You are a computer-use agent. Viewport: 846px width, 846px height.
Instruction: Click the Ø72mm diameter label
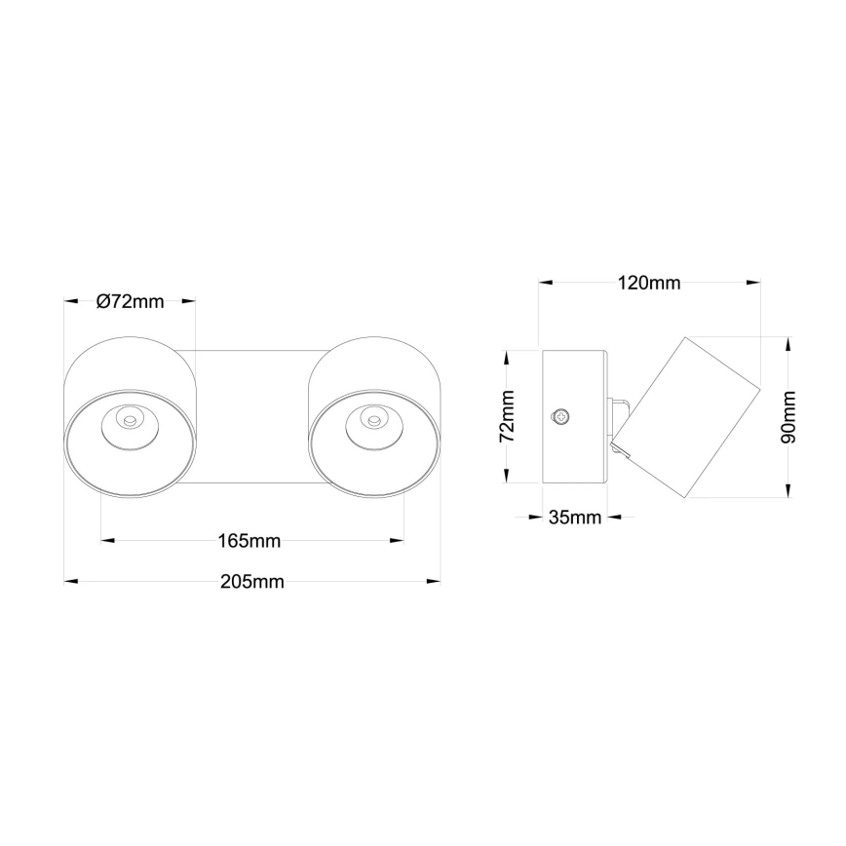click(130, 301)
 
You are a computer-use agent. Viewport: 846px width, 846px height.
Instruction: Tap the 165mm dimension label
click(250, 540)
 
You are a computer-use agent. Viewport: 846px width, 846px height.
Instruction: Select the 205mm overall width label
click(251, 582)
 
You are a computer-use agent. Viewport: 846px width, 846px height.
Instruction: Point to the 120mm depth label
click(649, 284)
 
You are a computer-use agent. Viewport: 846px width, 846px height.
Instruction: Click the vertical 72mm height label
click(507, 417)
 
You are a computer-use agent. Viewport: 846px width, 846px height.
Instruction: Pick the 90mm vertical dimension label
click(788, 417)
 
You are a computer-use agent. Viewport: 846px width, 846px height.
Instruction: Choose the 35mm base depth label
click(574, 517)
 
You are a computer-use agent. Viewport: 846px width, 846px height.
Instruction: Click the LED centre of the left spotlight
click(127, 420)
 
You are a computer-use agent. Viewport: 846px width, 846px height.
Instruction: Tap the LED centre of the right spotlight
click(371, 420)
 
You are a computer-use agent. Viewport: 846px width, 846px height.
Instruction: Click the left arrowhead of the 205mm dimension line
click(69, 582)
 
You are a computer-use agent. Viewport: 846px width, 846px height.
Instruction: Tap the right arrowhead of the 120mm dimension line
click(754, 284)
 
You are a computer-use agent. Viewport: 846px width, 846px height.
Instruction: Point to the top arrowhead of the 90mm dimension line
click(788, 343)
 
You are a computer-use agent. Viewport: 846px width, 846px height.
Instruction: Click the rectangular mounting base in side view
click(575, 417)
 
